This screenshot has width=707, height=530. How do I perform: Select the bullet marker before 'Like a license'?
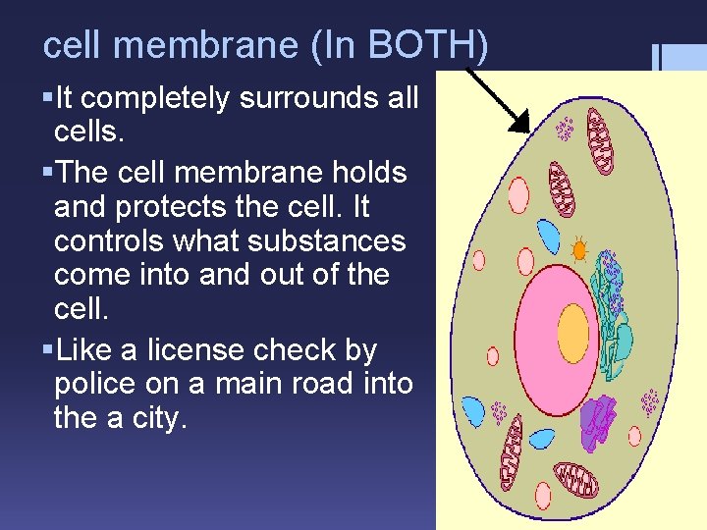[48, 349]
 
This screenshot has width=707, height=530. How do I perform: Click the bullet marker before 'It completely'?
[48, 98]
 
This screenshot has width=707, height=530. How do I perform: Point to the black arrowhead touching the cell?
[519, 122]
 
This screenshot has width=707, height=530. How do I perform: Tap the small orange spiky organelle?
[579, 250]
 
